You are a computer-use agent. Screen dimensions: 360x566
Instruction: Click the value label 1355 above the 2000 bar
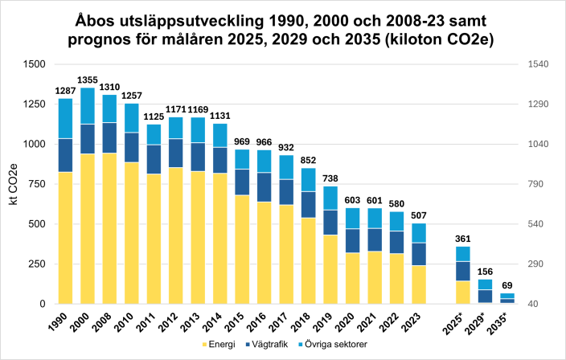click(88, 80)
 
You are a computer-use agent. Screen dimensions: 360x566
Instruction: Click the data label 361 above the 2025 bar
click(462, 239)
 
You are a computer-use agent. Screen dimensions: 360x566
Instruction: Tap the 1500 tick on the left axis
click(35, 64)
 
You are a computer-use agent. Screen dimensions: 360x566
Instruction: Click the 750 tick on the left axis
click(38, 184)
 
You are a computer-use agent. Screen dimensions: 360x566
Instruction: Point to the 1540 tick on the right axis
click(537, 64)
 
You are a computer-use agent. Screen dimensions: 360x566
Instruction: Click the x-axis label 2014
click(213, 322)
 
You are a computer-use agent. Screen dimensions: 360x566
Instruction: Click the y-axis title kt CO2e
click(13, 184)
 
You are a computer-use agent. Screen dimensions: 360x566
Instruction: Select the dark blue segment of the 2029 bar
click(484, 296)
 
